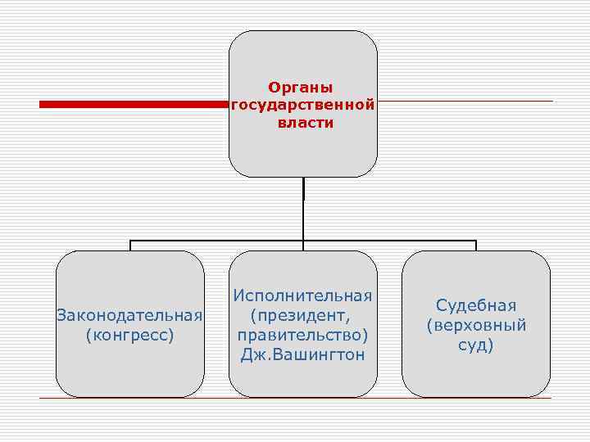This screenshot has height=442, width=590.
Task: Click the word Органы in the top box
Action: tap(303, 86)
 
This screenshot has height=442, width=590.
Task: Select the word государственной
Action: tap(303, 105)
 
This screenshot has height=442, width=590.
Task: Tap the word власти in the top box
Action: tap(303, 124)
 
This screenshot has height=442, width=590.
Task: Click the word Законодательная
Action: tap(129, 315)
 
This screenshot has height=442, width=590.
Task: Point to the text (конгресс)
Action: tap(129, 335)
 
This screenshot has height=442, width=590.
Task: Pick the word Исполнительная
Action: tap(303, 295)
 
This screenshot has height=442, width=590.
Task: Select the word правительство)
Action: tap(303, 335)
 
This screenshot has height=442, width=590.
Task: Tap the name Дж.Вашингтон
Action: tap(303, 355)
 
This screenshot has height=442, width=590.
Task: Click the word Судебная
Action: tap(476, 305)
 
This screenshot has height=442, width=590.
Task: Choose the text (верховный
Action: tap(476, 325)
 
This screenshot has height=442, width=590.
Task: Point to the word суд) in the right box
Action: tap(476, 345)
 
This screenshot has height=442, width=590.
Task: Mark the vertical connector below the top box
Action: tap(303, 209)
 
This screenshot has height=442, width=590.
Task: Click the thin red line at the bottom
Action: tap(295, 398)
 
